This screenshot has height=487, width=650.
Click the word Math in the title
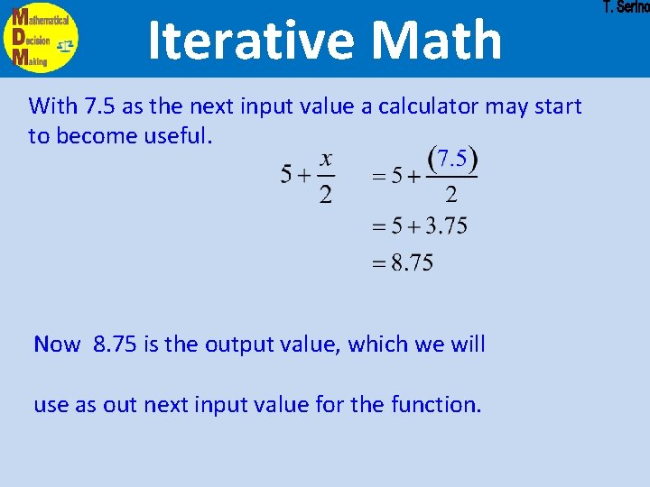[436, 41]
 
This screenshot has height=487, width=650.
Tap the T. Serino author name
[626, 8]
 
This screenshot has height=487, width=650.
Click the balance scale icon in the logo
[65, 46]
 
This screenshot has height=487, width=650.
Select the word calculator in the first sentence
[429, 106]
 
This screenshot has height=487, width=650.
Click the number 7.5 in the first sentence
[100, 106]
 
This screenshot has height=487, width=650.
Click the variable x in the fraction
[326, 160]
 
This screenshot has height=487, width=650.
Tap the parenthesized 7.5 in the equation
[451, 160]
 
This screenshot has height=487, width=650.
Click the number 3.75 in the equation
[443, 225]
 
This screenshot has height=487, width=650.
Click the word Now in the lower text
[57, 344]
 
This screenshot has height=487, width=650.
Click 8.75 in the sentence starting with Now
[115, 344]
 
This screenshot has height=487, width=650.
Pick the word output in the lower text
[237, 344]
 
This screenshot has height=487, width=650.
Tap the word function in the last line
[433, 404]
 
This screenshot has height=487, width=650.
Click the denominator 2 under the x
[326, 193]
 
